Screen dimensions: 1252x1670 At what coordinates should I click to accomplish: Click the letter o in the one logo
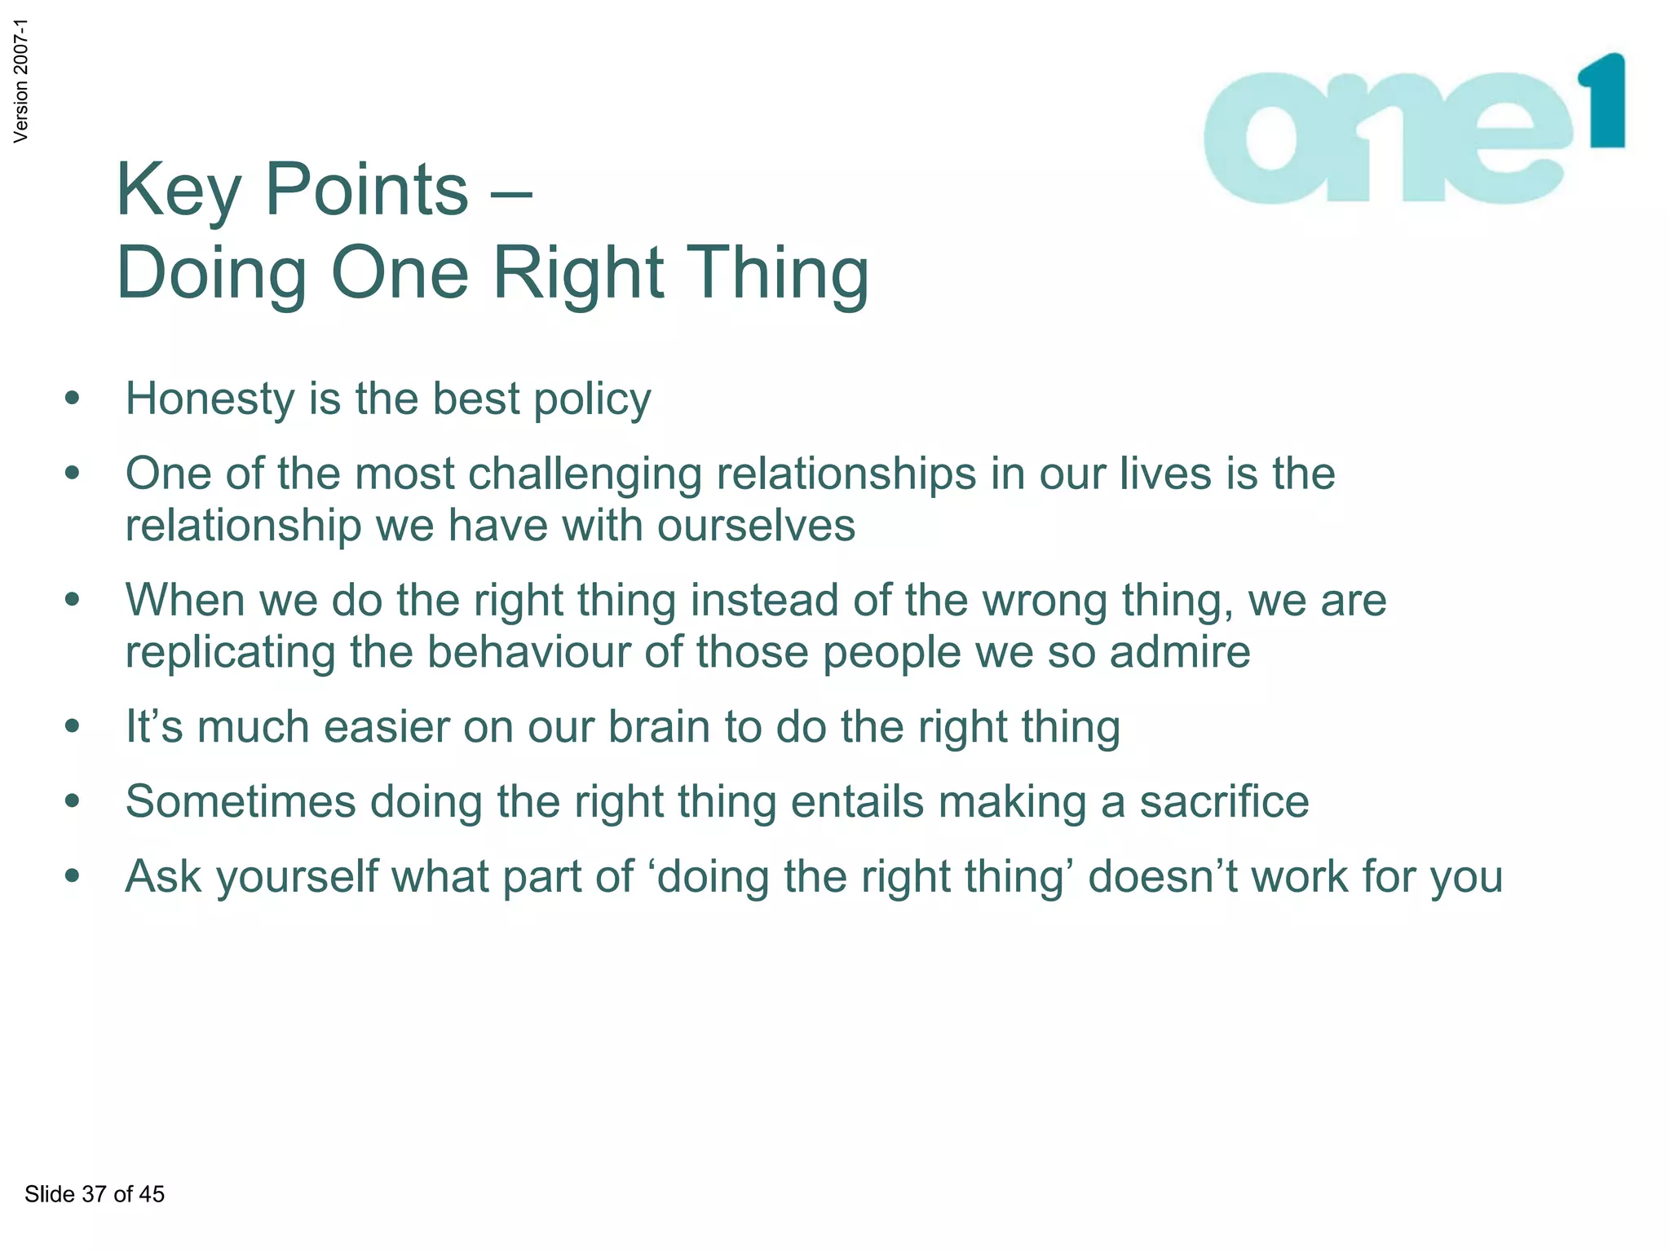[1269, 139]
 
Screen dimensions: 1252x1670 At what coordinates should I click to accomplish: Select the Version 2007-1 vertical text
[21, 81]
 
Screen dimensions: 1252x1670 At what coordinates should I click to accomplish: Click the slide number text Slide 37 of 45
[95, 1194]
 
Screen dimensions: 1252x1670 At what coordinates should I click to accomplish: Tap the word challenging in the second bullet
[585, 475]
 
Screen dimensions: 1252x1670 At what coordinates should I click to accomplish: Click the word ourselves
[756, 526]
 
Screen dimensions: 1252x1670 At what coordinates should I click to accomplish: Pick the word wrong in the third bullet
[1045, 602]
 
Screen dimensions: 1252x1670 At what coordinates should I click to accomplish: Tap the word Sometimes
[241, 802]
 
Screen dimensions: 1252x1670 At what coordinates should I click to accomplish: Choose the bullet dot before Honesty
[73, 399]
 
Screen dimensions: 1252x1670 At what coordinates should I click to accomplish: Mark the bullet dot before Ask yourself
[73, 876]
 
